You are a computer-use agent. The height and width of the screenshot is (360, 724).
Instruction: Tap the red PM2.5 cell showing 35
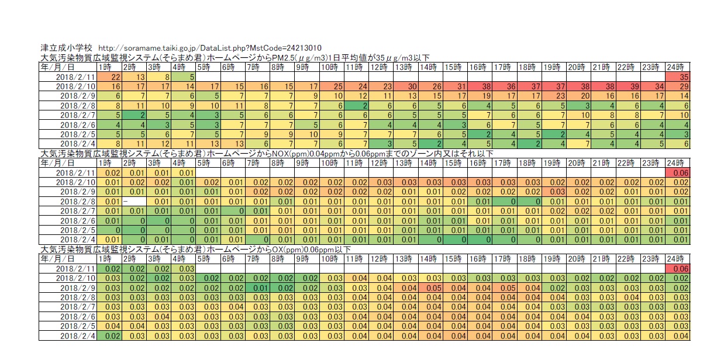[x=678, y=77]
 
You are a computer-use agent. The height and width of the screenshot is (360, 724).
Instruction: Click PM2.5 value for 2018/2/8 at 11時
[x=355, y=105]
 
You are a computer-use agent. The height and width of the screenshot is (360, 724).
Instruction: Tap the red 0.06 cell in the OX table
[x=678, y=268]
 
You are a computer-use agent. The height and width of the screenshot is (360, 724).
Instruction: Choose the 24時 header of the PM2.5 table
[x=678, y=67]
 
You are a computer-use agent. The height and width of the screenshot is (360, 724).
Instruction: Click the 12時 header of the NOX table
[x=380, y=163]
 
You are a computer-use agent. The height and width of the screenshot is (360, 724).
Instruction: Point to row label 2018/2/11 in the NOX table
[x=75, y=172]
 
